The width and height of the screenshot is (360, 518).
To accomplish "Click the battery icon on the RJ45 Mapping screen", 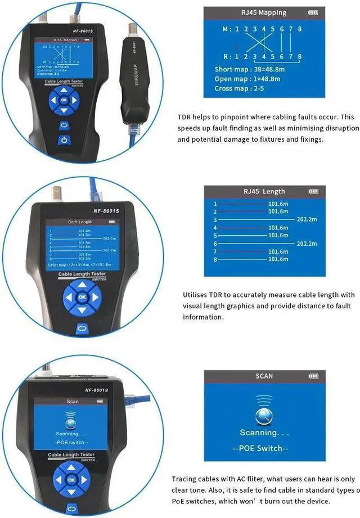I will pos(313,12).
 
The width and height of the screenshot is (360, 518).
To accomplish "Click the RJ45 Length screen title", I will pos(264,191).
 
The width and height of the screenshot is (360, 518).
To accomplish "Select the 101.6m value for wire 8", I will pos(278,259).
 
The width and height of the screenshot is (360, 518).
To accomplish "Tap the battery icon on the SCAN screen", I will pos(312,376).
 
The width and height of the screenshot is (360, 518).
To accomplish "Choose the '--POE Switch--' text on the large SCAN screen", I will pos(264,448).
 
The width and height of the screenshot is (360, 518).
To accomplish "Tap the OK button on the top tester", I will pos(64,100).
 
